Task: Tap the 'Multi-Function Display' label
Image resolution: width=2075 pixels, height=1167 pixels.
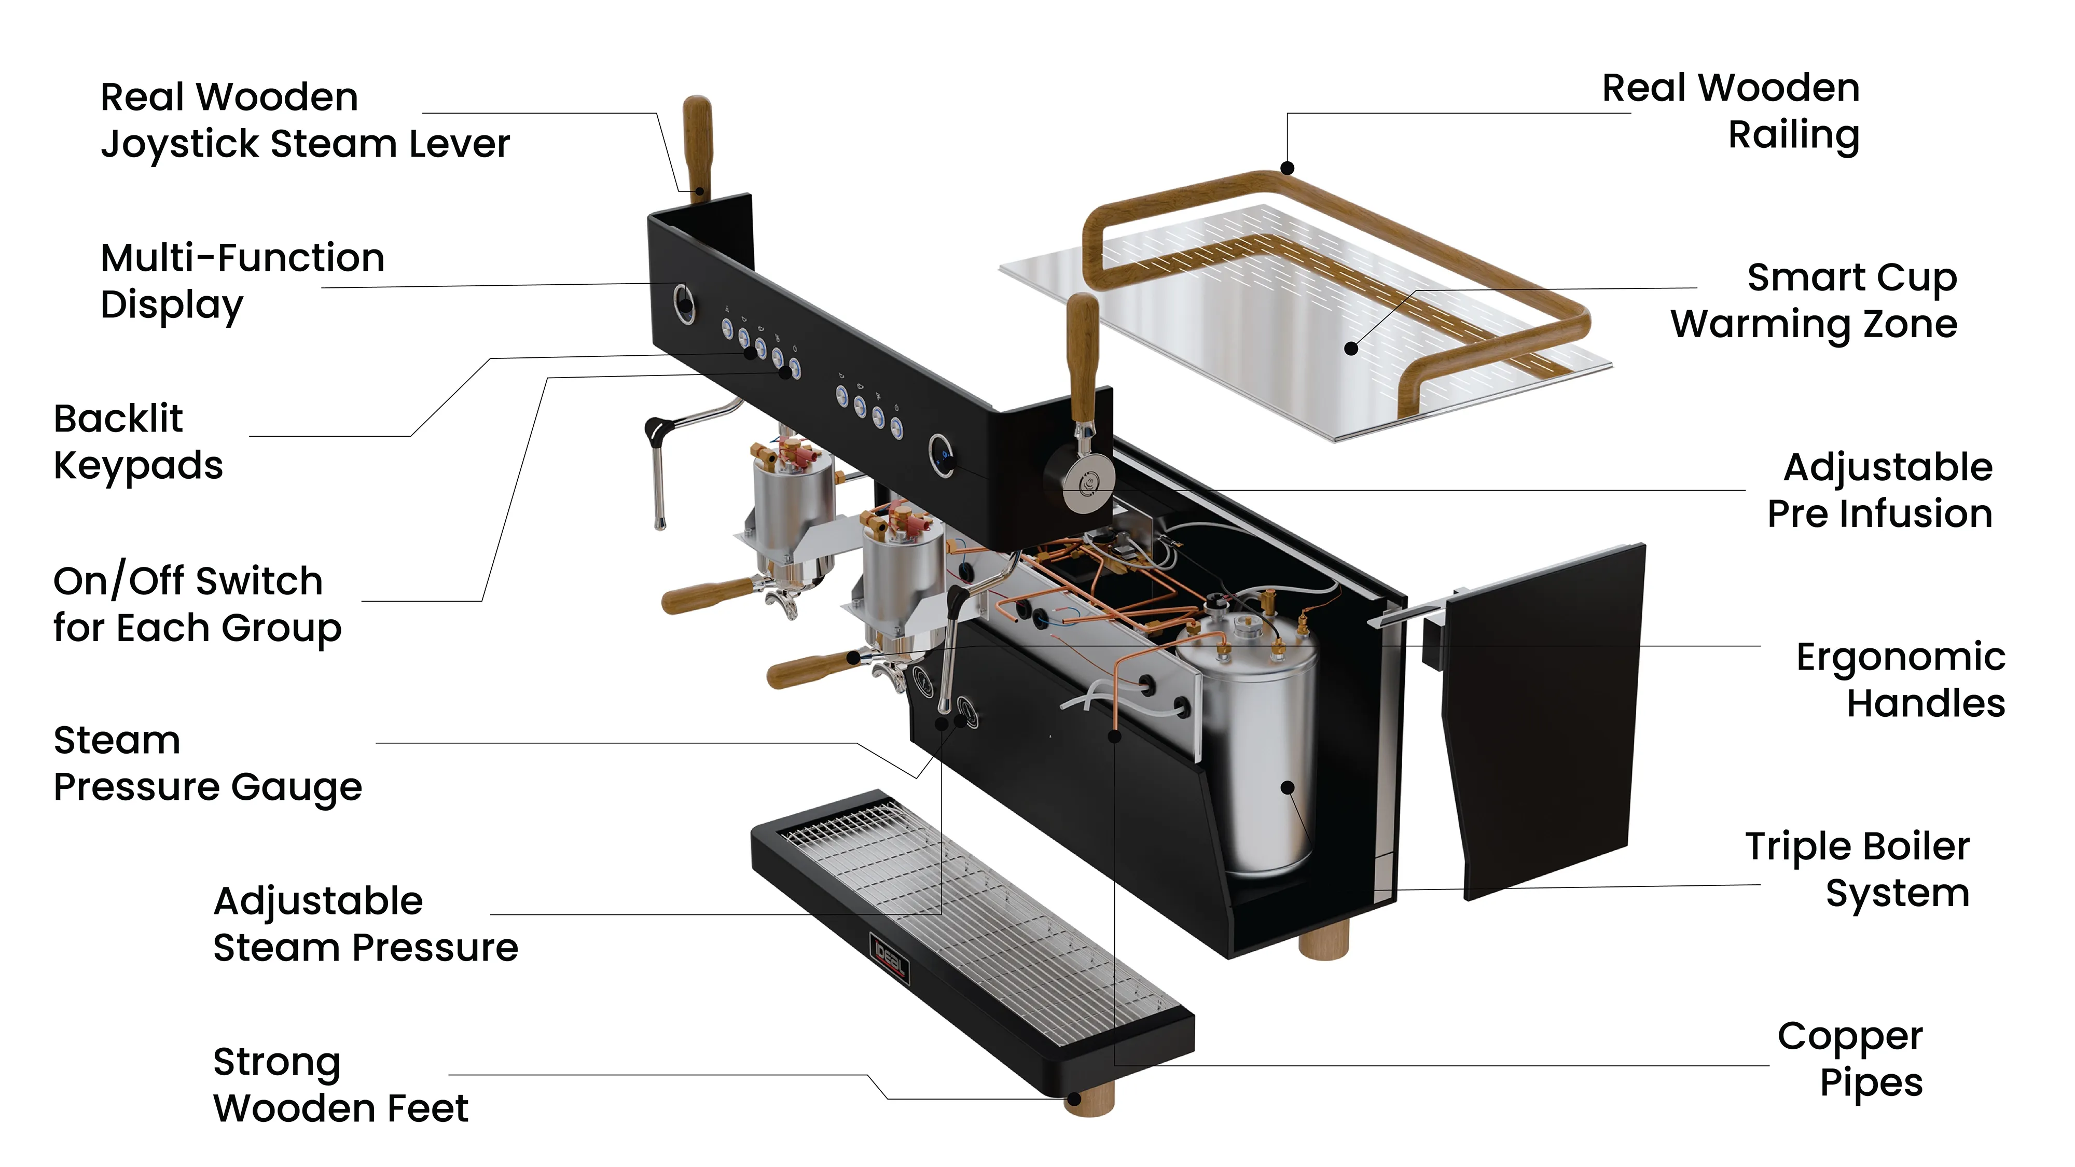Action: tap(242, 282)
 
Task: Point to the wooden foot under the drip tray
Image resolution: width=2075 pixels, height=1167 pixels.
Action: tap(1089, 1101)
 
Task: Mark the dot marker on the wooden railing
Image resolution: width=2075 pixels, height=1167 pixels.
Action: tap(1287, 169)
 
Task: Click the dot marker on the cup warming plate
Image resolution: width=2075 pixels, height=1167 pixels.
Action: tap(1352, 349)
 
